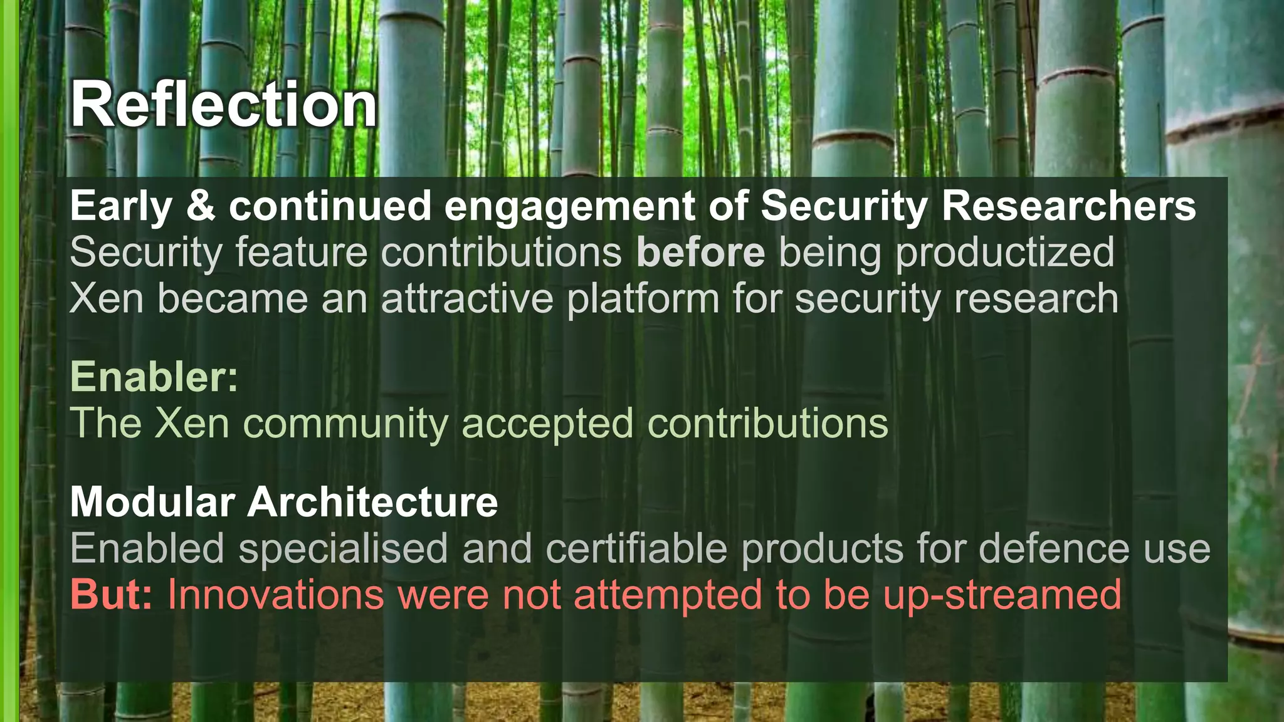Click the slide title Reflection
pos(224,105)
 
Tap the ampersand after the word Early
pos(201,206)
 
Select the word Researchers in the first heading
pos(1068,206)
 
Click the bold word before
pos(700,253)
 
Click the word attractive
pos(467,298)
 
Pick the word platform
pos(643,300)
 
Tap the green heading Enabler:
pos(154,377)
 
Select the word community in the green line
pos(345,424)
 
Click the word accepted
pos(547,424)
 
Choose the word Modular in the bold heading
pos(152,502)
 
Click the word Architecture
pos(372,502)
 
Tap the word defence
pos(1053,548)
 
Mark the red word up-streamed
pos(1002,595)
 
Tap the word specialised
pos(343,550)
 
